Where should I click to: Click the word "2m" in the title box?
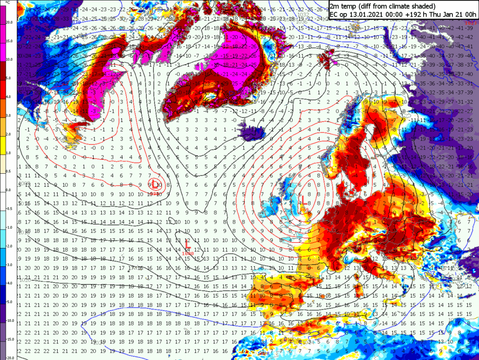(335, 6)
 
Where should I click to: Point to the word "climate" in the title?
(406, 6)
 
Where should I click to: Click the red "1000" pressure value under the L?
(188, 253)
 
